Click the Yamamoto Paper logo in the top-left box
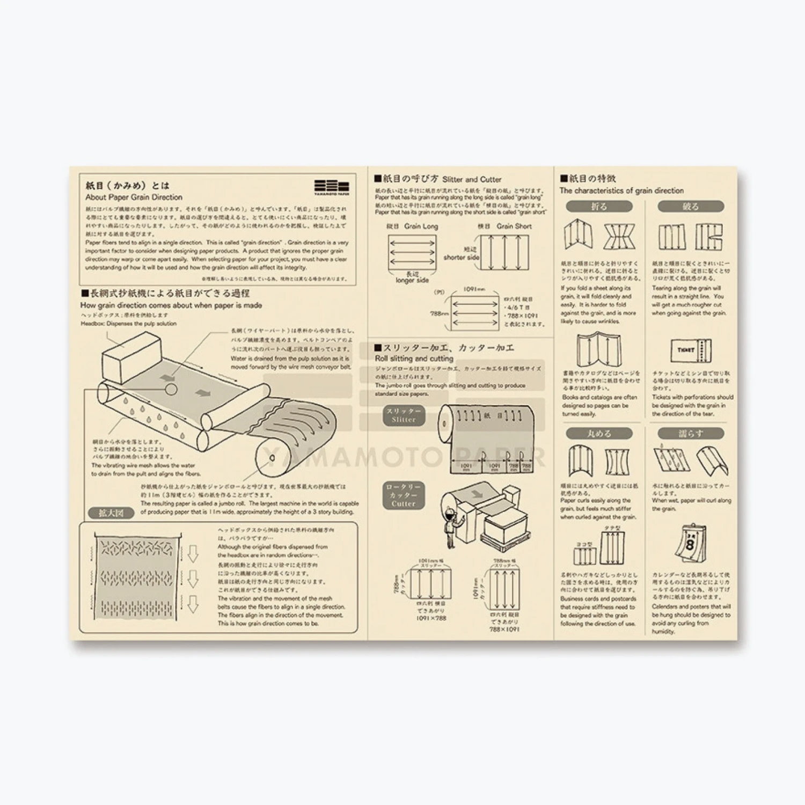point(331,187)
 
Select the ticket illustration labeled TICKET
point(690,350)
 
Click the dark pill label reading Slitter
point(404,415)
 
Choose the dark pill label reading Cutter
point(404,495)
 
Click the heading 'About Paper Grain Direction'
point(134,197)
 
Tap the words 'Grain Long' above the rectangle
point(421,226)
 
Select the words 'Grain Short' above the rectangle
point(514,226)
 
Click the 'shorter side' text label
point(461,257)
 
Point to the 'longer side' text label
point(412,280)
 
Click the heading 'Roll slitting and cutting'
point(414,358)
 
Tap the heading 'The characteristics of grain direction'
point(621,191)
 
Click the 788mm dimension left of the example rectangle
point(439,313)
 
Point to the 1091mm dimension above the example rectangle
point(474,289)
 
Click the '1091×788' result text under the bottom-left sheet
point(431,618)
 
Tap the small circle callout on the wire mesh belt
point(171,389)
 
